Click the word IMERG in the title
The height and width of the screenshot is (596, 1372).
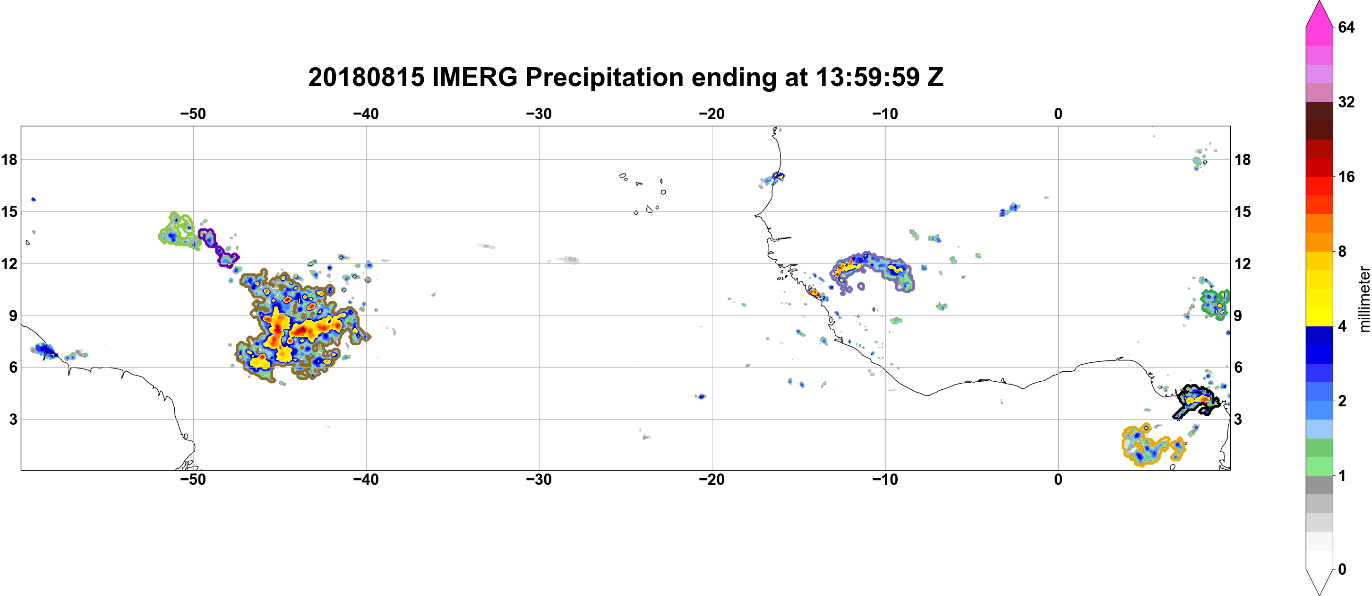point(474,77)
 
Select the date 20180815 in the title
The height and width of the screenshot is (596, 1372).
point(367,77)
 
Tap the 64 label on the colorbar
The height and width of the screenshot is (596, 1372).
point(1346,27)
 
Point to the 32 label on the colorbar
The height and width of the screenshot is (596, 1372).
point(1346,102)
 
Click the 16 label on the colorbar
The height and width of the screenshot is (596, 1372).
point(1346,176)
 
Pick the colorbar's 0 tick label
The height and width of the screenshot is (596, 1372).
point(1342,570)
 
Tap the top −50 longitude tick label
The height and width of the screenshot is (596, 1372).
point(193,114)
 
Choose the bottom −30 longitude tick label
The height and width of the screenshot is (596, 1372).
point(539,479)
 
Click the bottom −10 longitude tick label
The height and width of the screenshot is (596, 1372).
point(885,479)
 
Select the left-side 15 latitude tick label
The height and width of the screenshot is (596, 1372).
point(9,211)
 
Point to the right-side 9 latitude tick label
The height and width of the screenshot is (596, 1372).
point(1238,316)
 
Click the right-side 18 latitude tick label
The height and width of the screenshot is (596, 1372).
point(1243,159)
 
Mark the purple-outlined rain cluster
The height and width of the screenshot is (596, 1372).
point(218,248)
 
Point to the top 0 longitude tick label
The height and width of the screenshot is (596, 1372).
point(1058,114)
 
